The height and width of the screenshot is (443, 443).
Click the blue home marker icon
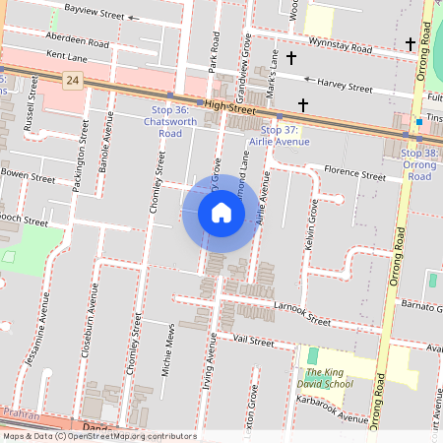coord(221,213)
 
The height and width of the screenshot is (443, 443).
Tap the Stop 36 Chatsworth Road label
coord(164,121)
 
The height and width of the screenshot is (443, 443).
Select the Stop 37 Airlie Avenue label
coord(285,136)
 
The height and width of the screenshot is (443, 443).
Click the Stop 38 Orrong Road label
coord(420,164)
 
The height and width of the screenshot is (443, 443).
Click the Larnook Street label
coord(302,314)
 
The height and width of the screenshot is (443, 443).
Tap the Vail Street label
coord(253,341)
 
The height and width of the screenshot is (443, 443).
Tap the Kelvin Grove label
coord(312,224)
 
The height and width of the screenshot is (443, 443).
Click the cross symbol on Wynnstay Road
coord(410,43)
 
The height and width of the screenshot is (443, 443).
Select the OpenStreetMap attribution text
coord(99,435)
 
